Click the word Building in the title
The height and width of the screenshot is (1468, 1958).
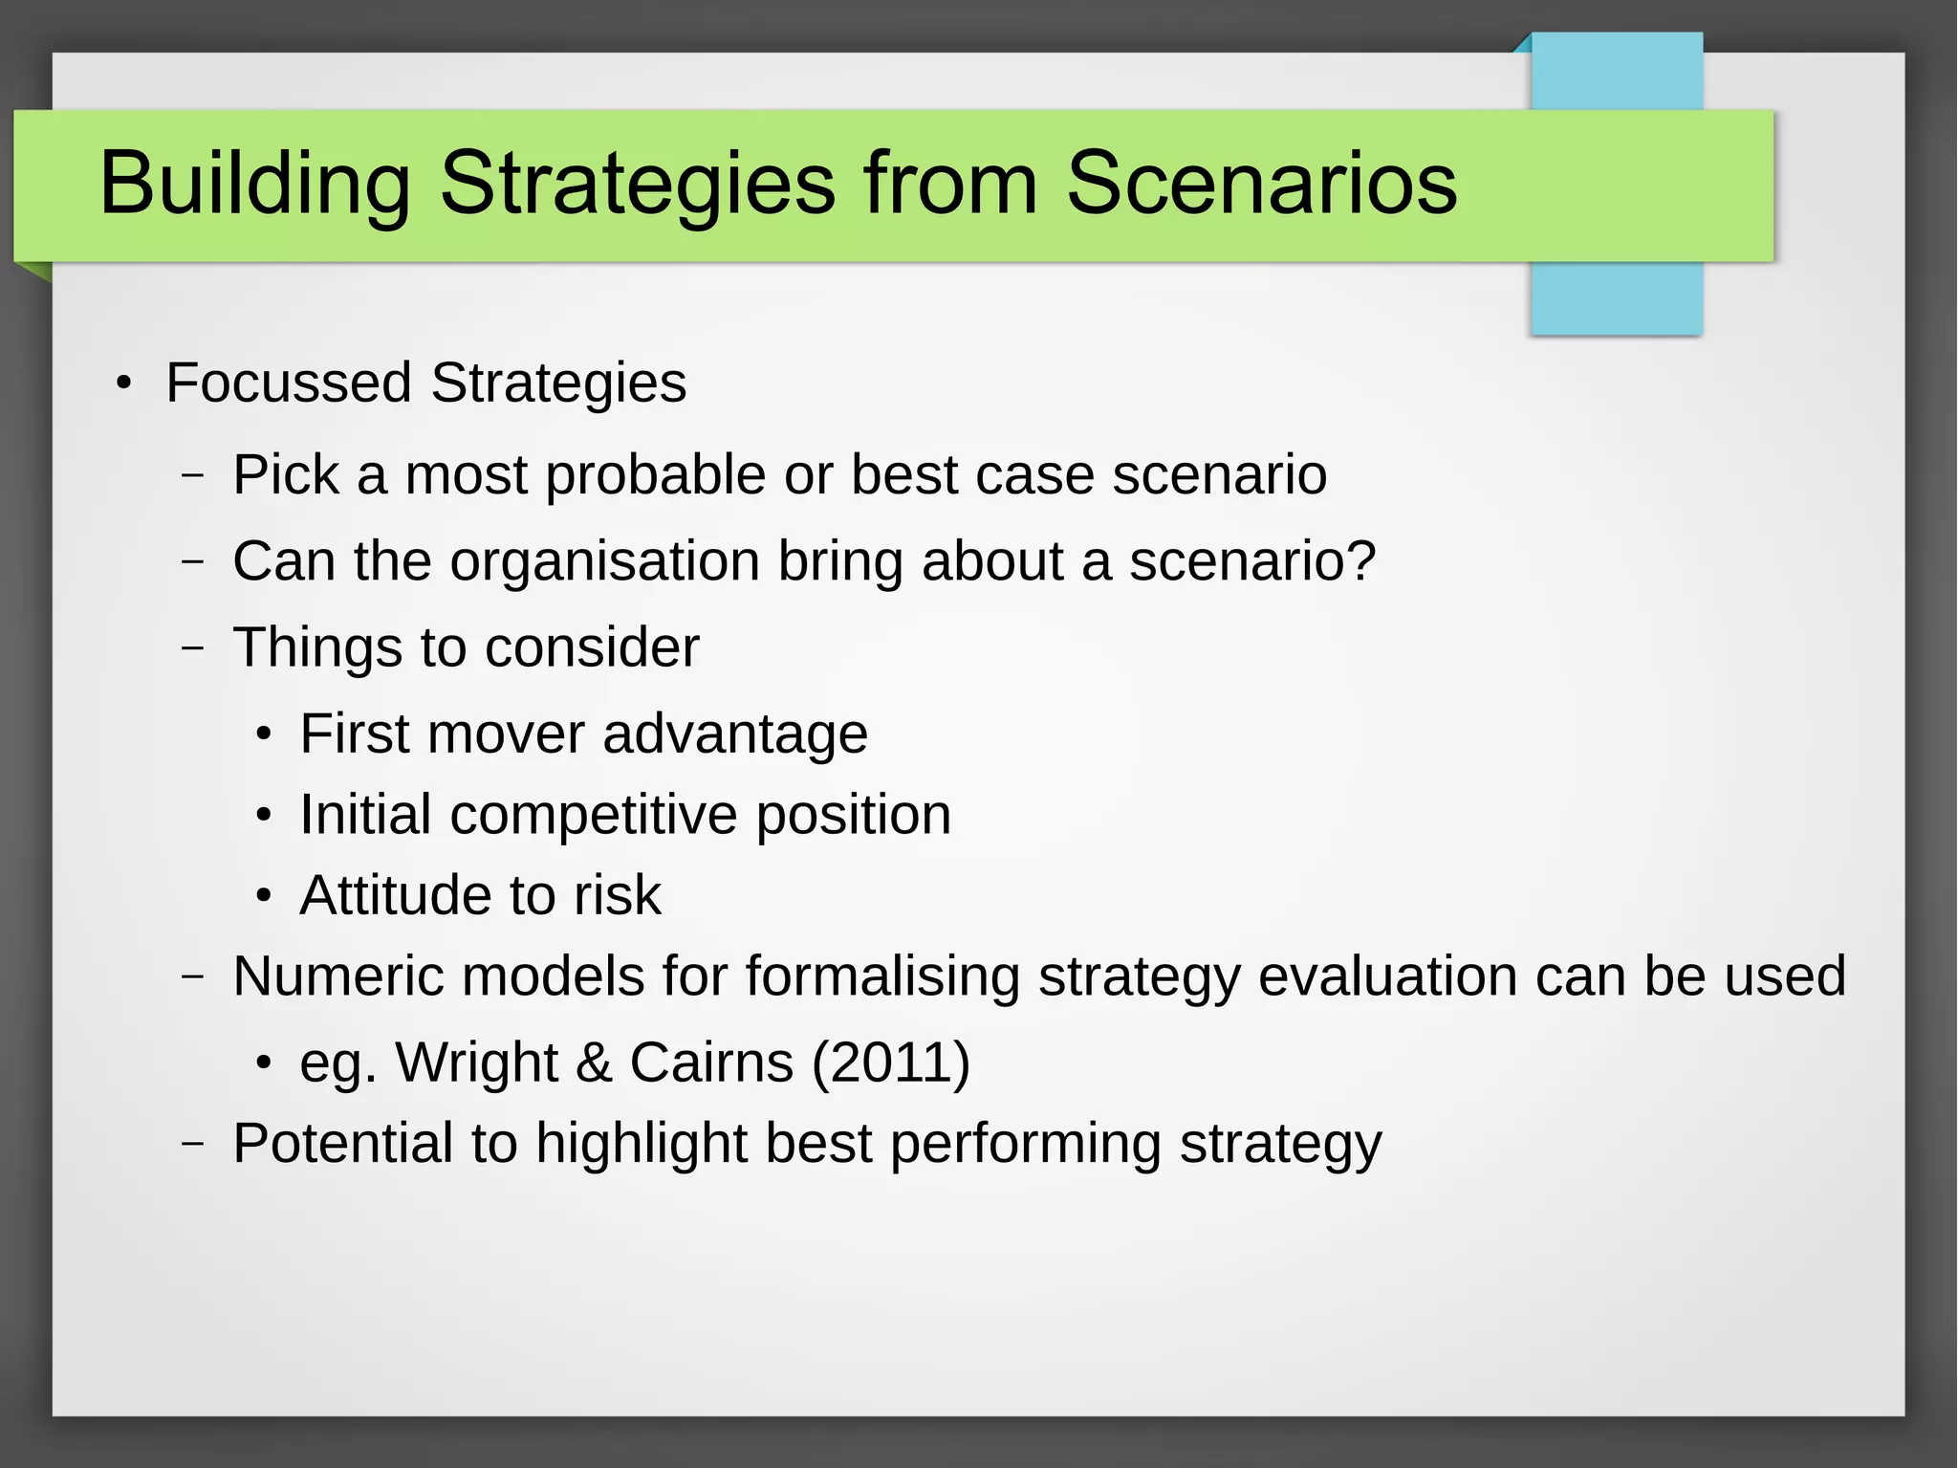click(254, 184)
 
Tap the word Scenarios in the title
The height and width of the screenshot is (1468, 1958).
click(1261, 184)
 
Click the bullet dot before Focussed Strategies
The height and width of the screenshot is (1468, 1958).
click(123, 384)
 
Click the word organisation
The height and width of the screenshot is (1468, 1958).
click(604, 561)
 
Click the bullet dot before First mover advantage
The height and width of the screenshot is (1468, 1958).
click(264, 735)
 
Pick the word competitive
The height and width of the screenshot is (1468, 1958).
click(593, 815)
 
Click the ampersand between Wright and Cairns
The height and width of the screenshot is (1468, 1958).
click(593, 1063)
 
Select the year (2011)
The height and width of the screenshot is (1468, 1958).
click(890, 1063)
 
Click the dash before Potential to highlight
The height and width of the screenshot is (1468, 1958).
click(193, 1144)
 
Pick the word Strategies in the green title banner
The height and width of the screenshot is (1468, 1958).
click(637, 184)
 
